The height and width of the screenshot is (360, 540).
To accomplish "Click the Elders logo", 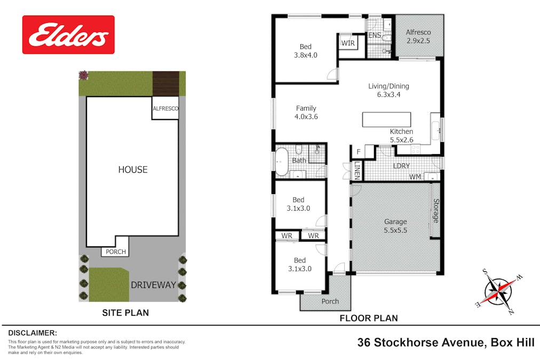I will [68, 35].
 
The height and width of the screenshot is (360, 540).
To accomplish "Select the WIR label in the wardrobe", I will [348, 43].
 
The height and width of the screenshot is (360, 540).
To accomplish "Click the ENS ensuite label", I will [375, 36].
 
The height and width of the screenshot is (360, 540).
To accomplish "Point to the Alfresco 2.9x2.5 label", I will [418, 36].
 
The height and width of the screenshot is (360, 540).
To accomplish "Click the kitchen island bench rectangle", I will [386, 119].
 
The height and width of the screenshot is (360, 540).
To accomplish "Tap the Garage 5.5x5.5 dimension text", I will [395, 226].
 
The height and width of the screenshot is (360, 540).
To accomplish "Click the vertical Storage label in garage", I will [435, 211].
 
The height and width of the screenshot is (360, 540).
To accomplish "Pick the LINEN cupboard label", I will [357, 170].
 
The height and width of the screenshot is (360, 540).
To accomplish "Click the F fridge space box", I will [358, 152].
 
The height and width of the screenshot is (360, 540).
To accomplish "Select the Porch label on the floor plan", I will [330, 301].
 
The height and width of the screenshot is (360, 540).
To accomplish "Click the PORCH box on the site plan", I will [115, 252].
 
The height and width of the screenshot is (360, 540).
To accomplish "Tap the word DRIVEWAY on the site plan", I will [153, 285].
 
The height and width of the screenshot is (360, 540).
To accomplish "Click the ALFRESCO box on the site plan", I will [165, 108].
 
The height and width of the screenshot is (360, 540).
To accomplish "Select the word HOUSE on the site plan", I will [133, 170].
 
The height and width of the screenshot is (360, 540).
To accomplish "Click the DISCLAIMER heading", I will [30, 332].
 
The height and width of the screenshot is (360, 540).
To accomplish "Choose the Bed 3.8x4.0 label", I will [305, 51].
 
